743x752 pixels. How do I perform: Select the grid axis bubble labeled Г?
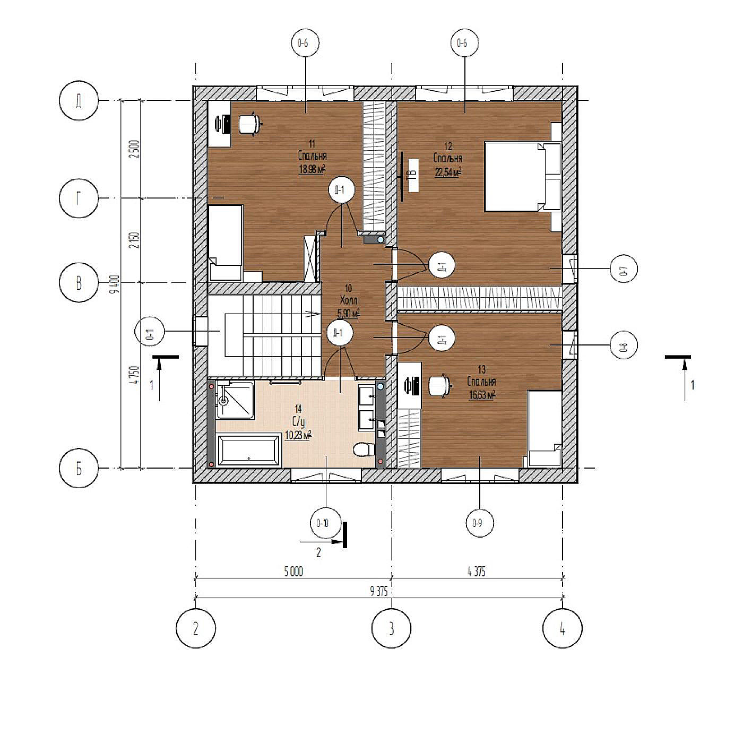(79, 198)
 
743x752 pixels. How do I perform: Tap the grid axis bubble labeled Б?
(79, 469)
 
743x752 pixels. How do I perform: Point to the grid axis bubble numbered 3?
(392, 628)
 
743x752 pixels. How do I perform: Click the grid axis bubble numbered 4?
(562, 628)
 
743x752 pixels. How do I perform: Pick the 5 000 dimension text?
(293, 572)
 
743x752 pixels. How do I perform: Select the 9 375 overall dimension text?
(379, 592)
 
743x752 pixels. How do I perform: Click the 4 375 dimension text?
(476, 572)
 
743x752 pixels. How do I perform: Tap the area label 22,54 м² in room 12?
(447, 171)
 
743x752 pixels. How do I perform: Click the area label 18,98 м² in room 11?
(312, 169)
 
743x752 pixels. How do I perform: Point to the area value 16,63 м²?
(482, 394)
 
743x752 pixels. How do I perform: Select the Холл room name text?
(348, 300)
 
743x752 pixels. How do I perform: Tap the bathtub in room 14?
(249, 451)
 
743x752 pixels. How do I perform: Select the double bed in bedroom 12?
(522, 177)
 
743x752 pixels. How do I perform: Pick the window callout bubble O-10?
(323, 523)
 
